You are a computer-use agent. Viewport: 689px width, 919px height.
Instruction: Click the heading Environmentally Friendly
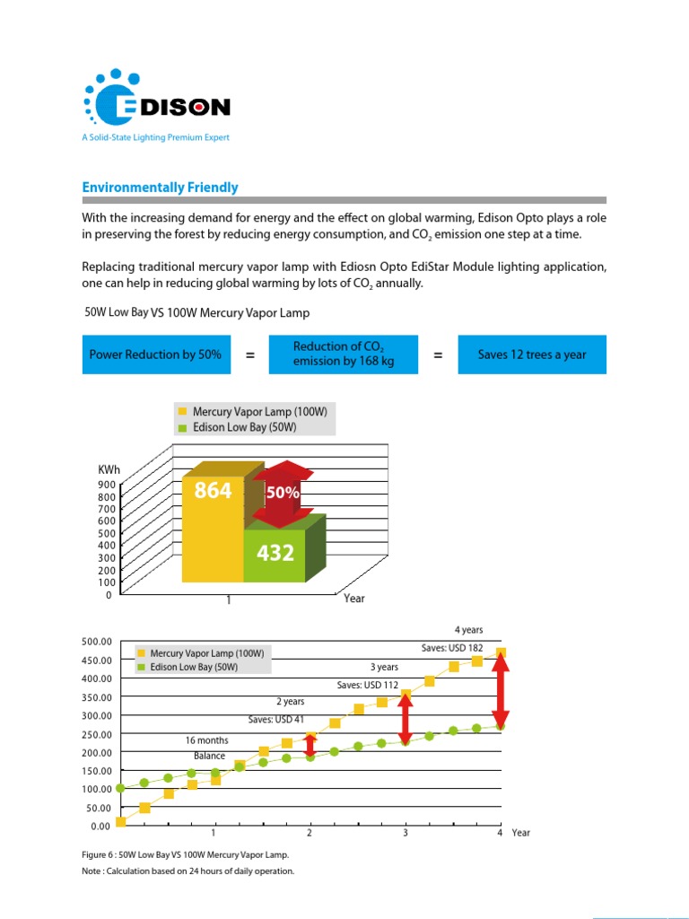point(161,188)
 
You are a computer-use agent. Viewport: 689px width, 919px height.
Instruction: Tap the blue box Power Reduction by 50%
point(155,354)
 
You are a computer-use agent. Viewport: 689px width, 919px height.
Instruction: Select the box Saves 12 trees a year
point(532,354)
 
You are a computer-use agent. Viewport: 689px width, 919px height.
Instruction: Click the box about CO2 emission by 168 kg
point(344,354)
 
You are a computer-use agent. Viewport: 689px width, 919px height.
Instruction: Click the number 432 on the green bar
point(275,554)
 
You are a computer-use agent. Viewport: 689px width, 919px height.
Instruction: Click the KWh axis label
point(109,470)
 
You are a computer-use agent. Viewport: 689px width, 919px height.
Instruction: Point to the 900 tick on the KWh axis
point(106,485)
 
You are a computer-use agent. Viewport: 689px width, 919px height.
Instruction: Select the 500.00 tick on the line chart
point(95,642)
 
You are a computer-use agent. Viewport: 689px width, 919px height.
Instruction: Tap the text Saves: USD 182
point(452,648)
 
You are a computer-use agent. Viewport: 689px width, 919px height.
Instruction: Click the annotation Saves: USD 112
point(367,685)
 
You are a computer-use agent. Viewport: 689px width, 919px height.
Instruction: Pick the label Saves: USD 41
point(275,720)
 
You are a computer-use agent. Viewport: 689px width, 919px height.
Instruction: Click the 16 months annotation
point(206,740)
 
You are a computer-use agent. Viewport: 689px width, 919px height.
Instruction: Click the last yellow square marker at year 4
point(501,652)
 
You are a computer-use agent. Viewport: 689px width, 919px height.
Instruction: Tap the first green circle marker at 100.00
point(120,788)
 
